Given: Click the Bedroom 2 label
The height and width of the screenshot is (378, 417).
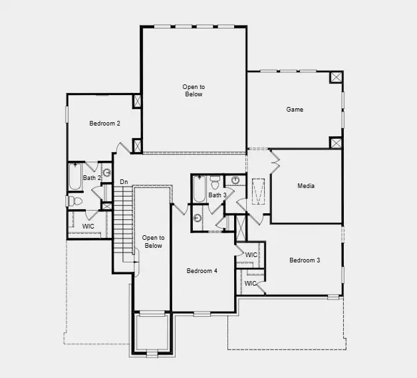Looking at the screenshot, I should (x=104, y=123).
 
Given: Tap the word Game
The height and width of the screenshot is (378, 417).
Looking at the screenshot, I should (x=295, y=109).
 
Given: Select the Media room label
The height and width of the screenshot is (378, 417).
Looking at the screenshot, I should (x=306, y=186).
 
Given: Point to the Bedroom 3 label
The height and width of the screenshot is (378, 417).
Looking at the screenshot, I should (x=305, y=260).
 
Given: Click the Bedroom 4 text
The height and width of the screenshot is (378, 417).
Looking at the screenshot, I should (x=202, y=270).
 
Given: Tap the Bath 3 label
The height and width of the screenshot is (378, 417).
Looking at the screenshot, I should (x=218, y=195).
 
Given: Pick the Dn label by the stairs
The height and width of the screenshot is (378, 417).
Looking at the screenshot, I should (x=124, y=182).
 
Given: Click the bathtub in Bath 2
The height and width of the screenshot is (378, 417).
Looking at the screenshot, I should (x=74, y=177).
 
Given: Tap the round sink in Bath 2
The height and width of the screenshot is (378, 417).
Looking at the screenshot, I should (x=106, y=173).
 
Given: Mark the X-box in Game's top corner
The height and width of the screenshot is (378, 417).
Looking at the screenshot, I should (x=337, y=78).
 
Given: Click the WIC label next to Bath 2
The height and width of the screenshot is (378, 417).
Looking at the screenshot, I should (x=88, y=227).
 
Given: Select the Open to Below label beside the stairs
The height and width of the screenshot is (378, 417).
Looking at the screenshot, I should (x=153, y=241).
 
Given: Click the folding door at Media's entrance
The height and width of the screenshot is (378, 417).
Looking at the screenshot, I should (x=275, y=159).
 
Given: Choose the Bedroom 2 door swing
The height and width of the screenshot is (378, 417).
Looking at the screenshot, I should (x=120, y=148).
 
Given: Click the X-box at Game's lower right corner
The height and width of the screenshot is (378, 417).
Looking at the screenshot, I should (x=337, y=142).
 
